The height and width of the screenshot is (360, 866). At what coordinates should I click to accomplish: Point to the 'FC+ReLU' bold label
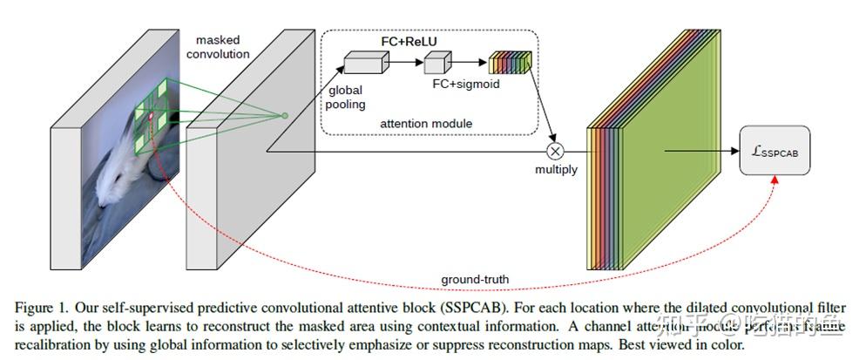(409, 40)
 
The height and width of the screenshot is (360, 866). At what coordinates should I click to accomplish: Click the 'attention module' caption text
(426, 124)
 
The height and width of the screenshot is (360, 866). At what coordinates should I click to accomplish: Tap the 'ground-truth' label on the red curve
(474, 279)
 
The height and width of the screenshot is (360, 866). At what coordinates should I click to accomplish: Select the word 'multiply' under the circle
(556, 169)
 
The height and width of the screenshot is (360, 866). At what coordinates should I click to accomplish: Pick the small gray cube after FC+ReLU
(437, 62)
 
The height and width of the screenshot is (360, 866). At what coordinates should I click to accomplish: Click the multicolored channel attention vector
(510, 62)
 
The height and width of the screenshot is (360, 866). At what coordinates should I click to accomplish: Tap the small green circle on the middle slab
(284, 115)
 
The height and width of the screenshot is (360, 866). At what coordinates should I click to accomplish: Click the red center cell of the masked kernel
(151, 117)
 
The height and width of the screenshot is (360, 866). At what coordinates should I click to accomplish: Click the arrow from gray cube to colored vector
(470, 62)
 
